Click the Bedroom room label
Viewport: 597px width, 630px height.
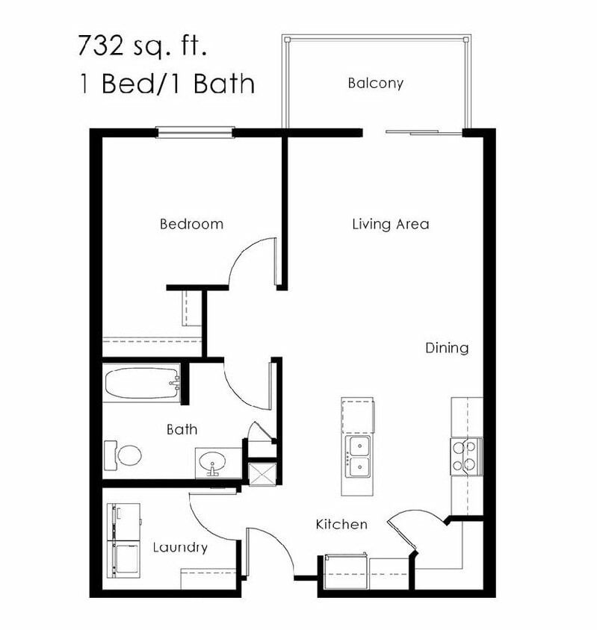click(191, 224)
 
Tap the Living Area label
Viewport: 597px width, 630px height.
click(390, 224)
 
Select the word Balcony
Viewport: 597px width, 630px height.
click(375, 83)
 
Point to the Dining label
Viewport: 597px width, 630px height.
click(447, 348)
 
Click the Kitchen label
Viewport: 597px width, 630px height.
click(341, 524)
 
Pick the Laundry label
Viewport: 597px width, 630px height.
click(180, 548)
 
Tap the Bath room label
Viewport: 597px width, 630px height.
click(182, 429)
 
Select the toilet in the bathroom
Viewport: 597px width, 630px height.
click(125, 455)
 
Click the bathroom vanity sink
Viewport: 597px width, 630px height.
click(215, 463)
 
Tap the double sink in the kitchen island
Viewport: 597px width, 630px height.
click(358, 456)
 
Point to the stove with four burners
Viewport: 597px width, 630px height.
click(465, 456)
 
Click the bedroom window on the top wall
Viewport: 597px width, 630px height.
click(195, 133)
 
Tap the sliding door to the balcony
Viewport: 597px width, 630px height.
click(423, 133)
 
